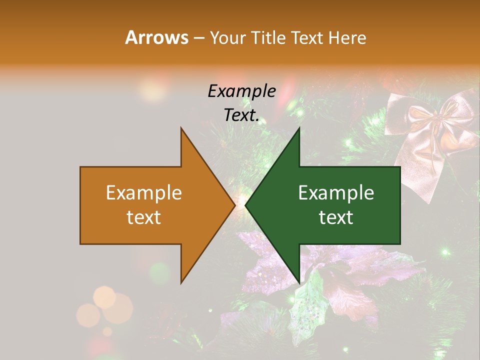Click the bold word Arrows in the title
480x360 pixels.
pyautogui.click(x=156, y=37)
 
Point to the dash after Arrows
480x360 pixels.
pyautogui.click(x=198, y=38)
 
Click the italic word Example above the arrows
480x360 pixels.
pyautogui.click(x=241, y=91)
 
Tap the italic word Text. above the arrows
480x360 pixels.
pyautogui.click(x=241, y=115)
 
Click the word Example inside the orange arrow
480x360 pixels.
pyautogui.click(x=144, y=192)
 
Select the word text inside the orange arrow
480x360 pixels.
pyautogui.click(x=144, y=217)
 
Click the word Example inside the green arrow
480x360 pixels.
pyautogui.click(x=336, y=192)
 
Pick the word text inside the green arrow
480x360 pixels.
pyautogui.click(x=336, y=217)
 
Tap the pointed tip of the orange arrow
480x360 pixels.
pyautogui.click(x=234, y=205)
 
